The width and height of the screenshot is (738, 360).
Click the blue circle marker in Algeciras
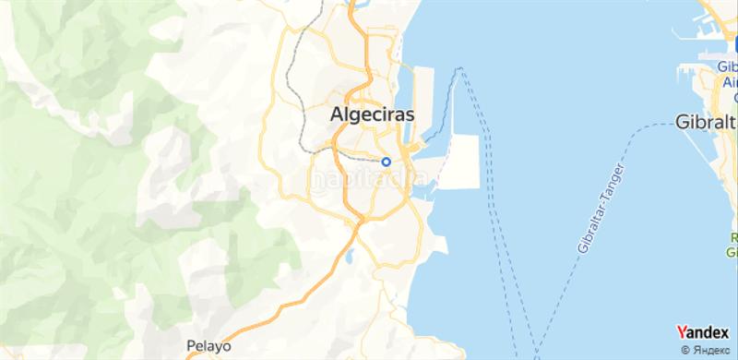[387, 161]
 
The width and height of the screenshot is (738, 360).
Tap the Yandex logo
[702, 331]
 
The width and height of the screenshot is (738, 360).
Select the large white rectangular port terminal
[458, 162]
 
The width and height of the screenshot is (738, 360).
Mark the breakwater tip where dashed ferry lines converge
[461, 68]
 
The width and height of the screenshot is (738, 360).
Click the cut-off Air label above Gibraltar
[730, 81]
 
